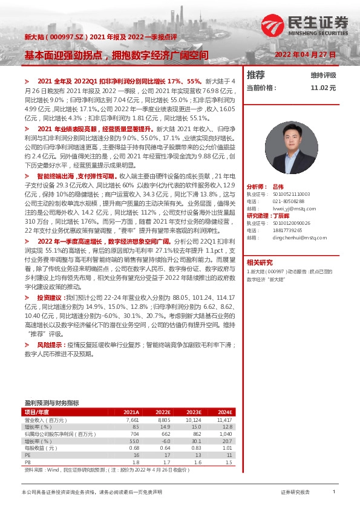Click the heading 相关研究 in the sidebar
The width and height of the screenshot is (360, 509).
260,262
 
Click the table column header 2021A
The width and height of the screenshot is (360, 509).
131,412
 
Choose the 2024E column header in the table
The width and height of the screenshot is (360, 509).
224,412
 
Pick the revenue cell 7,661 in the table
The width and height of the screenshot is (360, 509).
133,419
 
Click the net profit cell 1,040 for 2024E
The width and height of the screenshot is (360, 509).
225,433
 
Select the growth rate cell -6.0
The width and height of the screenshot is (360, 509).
164,441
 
